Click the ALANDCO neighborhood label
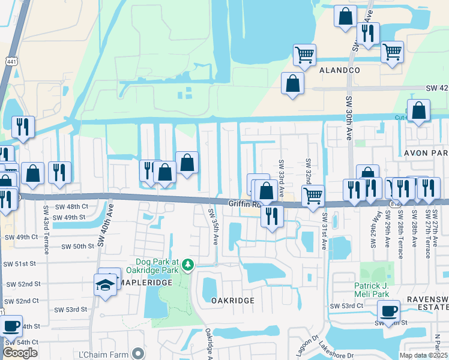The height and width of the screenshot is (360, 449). (x=339, y=70)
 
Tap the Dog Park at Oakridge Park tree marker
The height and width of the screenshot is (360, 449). (x=188, y=265)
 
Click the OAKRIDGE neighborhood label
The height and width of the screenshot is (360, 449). (x=229, y=300)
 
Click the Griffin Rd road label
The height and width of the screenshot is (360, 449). (x=243, y=204)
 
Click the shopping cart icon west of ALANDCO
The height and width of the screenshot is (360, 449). (x=304, y=55)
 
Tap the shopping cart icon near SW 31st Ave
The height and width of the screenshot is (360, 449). (x=313, y=195)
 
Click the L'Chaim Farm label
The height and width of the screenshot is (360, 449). (x=105, y=354)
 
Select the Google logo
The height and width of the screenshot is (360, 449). (x=20, y=353)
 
